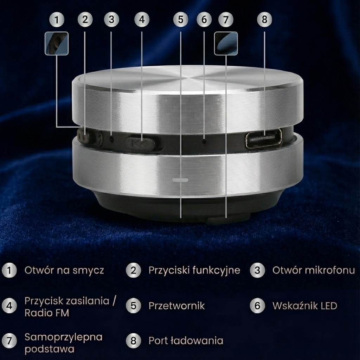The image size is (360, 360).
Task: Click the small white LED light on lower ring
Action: pos(180,180)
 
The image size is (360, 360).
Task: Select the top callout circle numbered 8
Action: pos(264,19)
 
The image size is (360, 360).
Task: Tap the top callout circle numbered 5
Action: pos(181,19)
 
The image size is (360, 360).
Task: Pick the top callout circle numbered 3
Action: pos(111,19)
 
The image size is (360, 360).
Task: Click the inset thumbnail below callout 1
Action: pos(57,44)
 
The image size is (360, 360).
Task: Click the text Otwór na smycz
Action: pos(64,270)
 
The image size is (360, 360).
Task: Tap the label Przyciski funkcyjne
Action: pos(194,270)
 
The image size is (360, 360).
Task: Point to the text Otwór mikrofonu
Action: pos(313,270)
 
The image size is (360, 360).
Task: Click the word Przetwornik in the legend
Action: pos(176,306)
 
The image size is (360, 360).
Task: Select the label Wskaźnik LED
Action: pos(304,306)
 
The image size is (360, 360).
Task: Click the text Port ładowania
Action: pos(186,341)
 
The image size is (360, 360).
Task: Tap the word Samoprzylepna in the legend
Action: pos(63,337)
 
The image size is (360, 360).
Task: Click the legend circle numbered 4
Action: pos(9,306)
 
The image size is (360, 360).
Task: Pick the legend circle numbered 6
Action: pos(257,306)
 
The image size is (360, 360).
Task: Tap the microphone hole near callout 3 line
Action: pos(112,139)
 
